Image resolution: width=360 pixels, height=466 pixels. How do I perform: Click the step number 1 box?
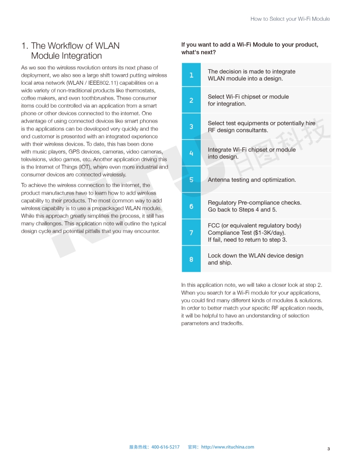(191, 75)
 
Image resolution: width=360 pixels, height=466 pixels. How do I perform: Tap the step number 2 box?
(191, 100)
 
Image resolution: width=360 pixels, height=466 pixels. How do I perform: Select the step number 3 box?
(191, 127)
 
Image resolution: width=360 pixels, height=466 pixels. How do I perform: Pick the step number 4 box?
(191, 153)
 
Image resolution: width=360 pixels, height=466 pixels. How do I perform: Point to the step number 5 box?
(191, 180)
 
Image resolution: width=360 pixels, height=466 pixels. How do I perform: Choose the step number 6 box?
(191, 206)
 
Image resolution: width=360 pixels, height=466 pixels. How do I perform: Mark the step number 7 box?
(191, 233)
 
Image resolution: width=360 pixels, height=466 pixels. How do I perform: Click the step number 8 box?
(191, 259)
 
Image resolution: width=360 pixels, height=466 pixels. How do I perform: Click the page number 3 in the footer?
(328, 449)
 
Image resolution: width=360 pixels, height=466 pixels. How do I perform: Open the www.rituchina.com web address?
(228, 447)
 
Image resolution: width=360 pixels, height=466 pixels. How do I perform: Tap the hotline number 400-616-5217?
(165, 447)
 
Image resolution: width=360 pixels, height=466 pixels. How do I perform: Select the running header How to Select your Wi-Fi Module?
(290, 19)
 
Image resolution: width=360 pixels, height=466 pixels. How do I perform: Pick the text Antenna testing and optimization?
(251, 180)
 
